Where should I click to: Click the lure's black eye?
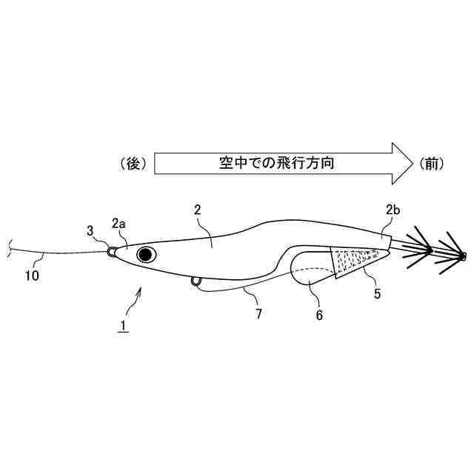pyautogui.click(x=145, y=256)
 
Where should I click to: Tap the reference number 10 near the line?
pyautogui.click(x=32, y=276)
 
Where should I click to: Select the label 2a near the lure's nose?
pyautogui.click(x=118, y=222)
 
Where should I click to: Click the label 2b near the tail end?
pyautogui.click(x=393, y=210)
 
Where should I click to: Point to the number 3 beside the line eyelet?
pyautogui.click(x=90, y=231)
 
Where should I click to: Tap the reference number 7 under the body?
pyautogui.click(x=258, y=314)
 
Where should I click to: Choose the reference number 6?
pyautogui.click(x=319, y=314)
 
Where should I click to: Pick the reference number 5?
pyautogui.click(x=377, y=294)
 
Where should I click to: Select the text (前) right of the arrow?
pyautogui.click(x=433, y=163)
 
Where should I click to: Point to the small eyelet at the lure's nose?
pyautogui.click(x=111, y=252)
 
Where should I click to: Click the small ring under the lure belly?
pyautogui.click(x=196, y=281)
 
